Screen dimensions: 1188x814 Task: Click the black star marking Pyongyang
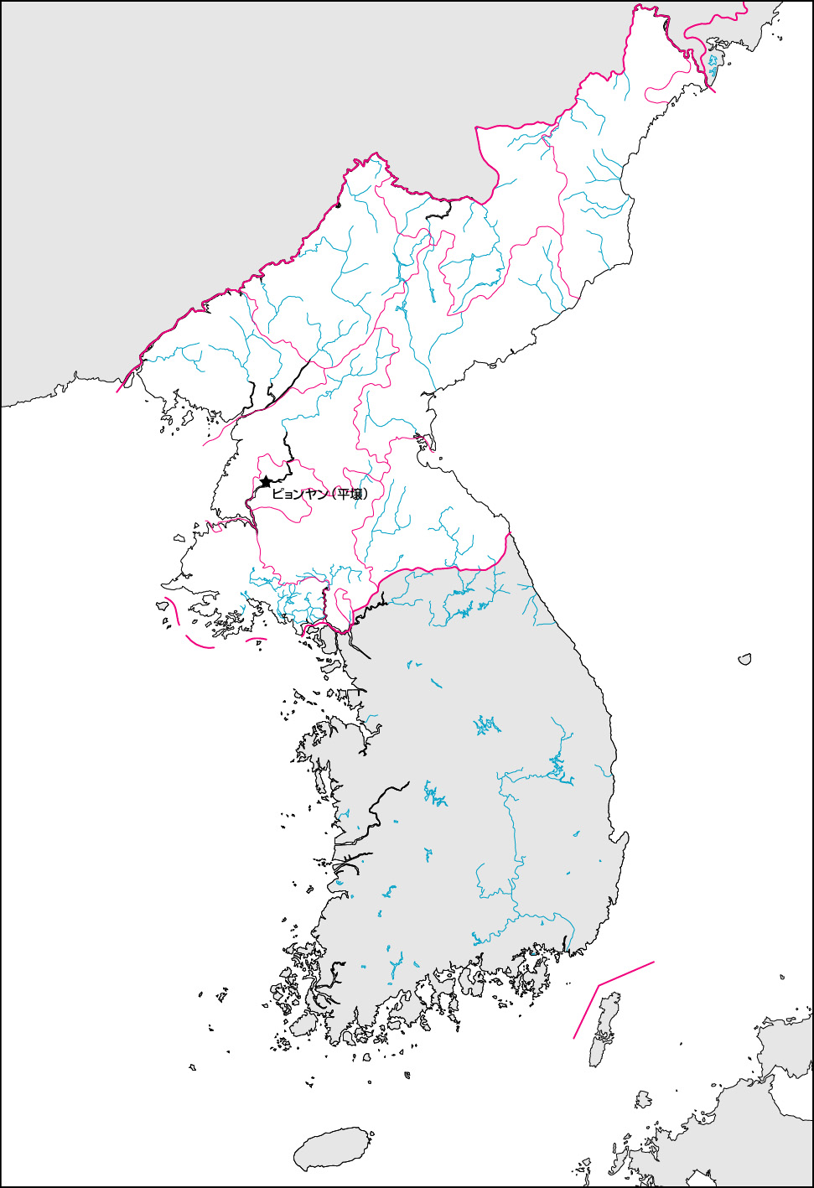(x=266, y=482)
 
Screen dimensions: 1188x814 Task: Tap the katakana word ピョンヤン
(x=299, y=494)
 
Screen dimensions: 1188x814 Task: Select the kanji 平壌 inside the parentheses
(x=350, y=494)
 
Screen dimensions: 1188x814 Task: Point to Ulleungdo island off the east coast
(x=744, y=660)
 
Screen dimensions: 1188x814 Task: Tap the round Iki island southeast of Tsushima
(x=643, y=1099)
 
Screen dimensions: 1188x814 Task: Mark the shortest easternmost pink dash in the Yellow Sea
(x=257, y=640)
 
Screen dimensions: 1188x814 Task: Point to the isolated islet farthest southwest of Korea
(x=192, y=1067)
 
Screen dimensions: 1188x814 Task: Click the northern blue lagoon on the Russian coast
(x=713, y=61)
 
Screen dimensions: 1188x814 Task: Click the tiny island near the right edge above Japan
(x=782, y=977)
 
